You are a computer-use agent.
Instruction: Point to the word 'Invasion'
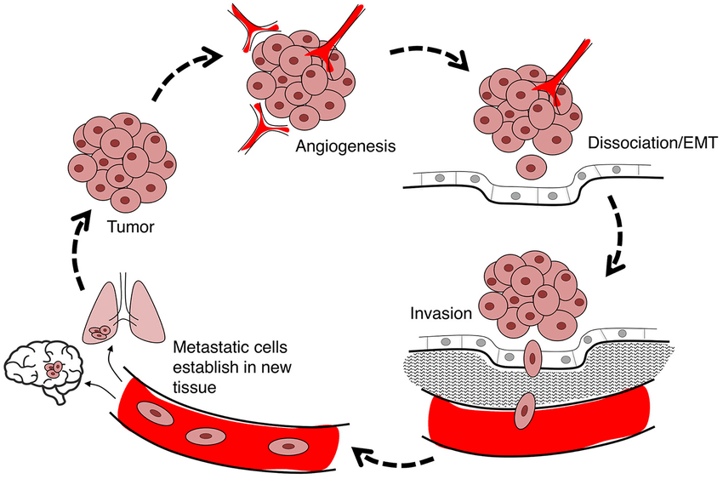click(440, 312)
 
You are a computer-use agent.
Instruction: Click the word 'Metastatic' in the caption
click(204, 348)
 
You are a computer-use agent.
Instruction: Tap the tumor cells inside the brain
click(54, 369)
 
